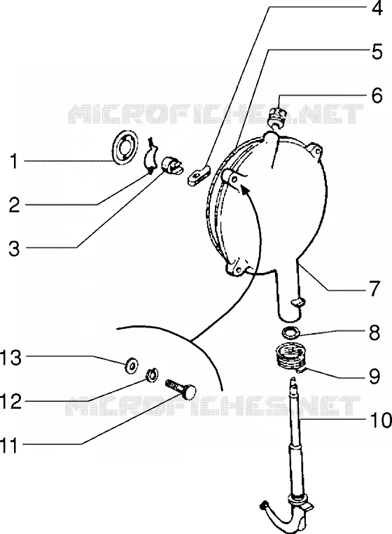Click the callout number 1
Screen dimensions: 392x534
tap(13, 162)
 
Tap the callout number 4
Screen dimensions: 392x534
tap(377, 8)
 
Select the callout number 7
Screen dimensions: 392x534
tap(374, 289)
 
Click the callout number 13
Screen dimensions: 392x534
tap(11, 358)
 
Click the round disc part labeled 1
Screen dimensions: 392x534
tap(125, 148)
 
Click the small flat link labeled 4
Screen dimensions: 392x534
tap(199, 174)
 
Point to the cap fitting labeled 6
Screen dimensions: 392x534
tap(277, 118)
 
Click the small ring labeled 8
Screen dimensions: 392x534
tap(291, 332)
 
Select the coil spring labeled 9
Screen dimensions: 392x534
tap(290, 359)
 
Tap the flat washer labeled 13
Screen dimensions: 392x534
tap(131, 365)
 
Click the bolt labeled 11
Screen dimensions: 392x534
tap(181, 389)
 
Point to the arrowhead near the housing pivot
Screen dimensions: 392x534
tap(245, 188)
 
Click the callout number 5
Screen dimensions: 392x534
tap(377, 52)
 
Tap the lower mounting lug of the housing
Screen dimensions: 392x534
tap(237, 268)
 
